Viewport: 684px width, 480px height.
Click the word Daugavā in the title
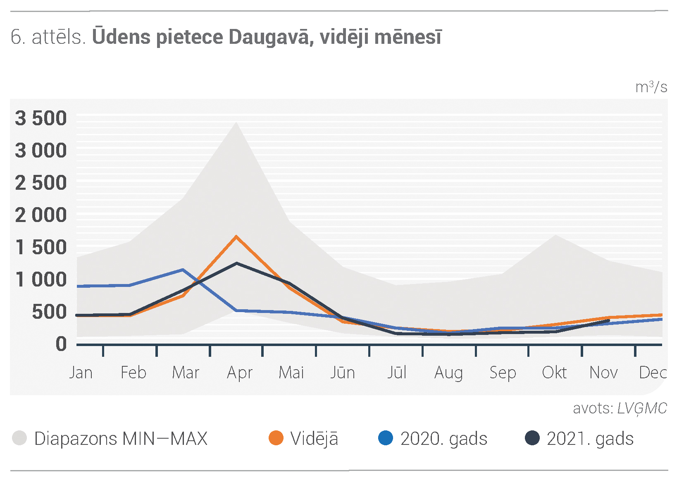271,38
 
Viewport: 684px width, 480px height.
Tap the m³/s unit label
651,87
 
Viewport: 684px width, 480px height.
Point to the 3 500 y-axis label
41,118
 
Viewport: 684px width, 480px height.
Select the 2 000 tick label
41,215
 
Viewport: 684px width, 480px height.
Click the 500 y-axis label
49,312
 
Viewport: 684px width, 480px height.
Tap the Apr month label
240,373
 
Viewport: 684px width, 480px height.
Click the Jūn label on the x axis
343,372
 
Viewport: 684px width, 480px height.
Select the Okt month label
554,373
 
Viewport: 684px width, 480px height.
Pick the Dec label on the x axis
653,373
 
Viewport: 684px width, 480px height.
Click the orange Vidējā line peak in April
236,236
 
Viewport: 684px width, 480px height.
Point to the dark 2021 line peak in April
237,263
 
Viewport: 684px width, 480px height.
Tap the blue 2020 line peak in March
183,270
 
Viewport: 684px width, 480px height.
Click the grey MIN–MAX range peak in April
236,123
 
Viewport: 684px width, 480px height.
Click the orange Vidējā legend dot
276,438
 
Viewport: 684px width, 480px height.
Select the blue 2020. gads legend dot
386,438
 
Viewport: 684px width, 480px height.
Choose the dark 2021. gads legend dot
532,438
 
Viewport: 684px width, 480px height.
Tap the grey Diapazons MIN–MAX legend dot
19,438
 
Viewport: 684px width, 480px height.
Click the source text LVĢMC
642,408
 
